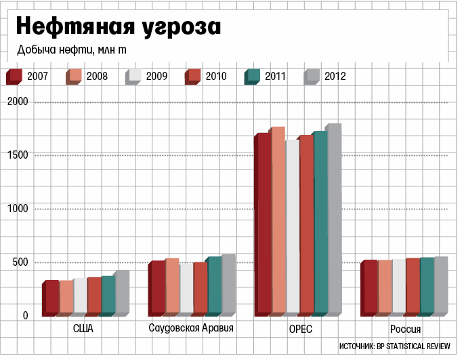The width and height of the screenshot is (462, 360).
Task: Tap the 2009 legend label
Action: [156, 76]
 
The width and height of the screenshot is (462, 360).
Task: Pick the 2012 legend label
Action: [335, 76]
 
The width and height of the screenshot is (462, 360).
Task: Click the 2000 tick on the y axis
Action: [18, 102]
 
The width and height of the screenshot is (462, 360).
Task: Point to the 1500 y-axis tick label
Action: [18, 155]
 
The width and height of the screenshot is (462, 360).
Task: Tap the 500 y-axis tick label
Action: [20, 262]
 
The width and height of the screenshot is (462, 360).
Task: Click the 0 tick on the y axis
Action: [25, 316]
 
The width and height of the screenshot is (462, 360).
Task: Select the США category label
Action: [83, 329]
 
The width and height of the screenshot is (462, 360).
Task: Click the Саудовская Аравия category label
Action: [191, 329]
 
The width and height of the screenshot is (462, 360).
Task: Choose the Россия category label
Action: [405, 329]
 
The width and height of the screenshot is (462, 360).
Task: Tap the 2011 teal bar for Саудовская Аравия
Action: [214, 285]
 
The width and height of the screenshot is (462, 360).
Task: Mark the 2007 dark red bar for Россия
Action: [370, 287]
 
